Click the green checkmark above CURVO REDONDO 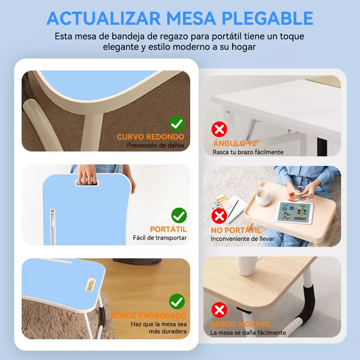point(177,123)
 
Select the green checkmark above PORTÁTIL point(179,215)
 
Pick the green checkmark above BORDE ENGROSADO point(177,301)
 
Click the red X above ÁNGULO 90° point(219,129)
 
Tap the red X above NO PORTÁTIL point(219,216)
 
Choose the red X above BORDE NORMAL point(219,310)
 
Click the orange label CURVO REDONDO point(151,137)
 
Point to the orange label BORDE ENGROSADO point(148,316)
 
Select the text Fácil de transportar point(160,238)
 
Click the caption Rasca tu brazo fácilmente point(248,152)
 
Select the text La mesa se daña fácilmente point(248,333)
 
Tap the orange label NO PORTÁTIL point(236,230)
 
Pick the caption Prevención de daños point(155,145)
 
